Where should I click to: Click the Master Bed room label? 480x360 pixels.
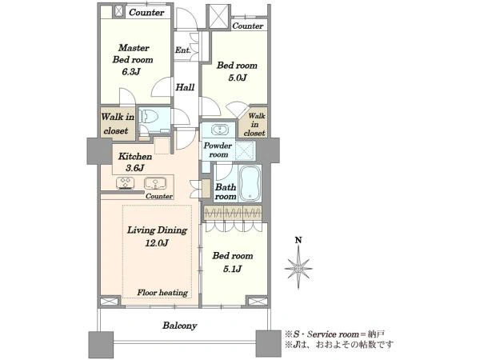[x=133, y=54]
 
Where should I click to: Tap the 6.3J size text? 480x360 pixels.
[x=131, y=72]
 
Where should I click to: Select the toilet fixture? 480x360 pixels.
[x=149, y=117]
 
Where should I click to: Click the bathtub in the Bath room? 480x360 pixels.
[x=250, y=183]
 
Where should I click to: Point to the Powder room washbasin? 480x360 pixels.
[x=219, y=130]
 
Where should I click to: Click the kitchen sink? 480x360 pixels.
[x=155, y=183]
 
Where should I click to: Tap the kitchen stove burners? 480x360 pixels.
[x=126, y=183]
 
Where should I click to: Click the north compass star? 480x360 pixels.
[x=298, y=269]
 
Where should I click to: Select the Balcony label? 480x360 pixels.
[x=179, y=326]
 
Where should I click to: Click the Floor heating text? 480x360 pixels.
[x=162, y=293]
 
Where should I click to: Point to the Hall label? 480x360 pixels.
[x=185, y=87]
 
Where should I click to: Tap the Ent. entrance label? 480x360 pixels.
[x=182, y=50]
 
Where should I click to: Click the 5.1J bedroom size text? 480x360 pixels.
[x=233, y=269]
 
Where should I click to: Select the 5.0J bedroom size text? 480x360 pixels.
[x=238, y=78]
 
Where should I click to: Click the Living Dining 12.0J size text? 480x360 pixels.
[x=157, y=243]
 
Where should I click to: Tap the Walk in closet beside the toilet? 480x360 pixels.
[x=118, y=124]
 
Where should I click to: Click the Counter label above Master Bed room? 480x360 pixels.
[x=146, y=13]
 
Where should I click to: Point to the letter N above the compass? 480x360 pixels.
[x=298, y=240]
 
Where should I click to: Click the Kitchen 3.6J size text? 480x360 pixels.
[x=134, y=168]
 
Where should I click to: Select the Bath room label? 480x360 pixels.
[x=226, y=192]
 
